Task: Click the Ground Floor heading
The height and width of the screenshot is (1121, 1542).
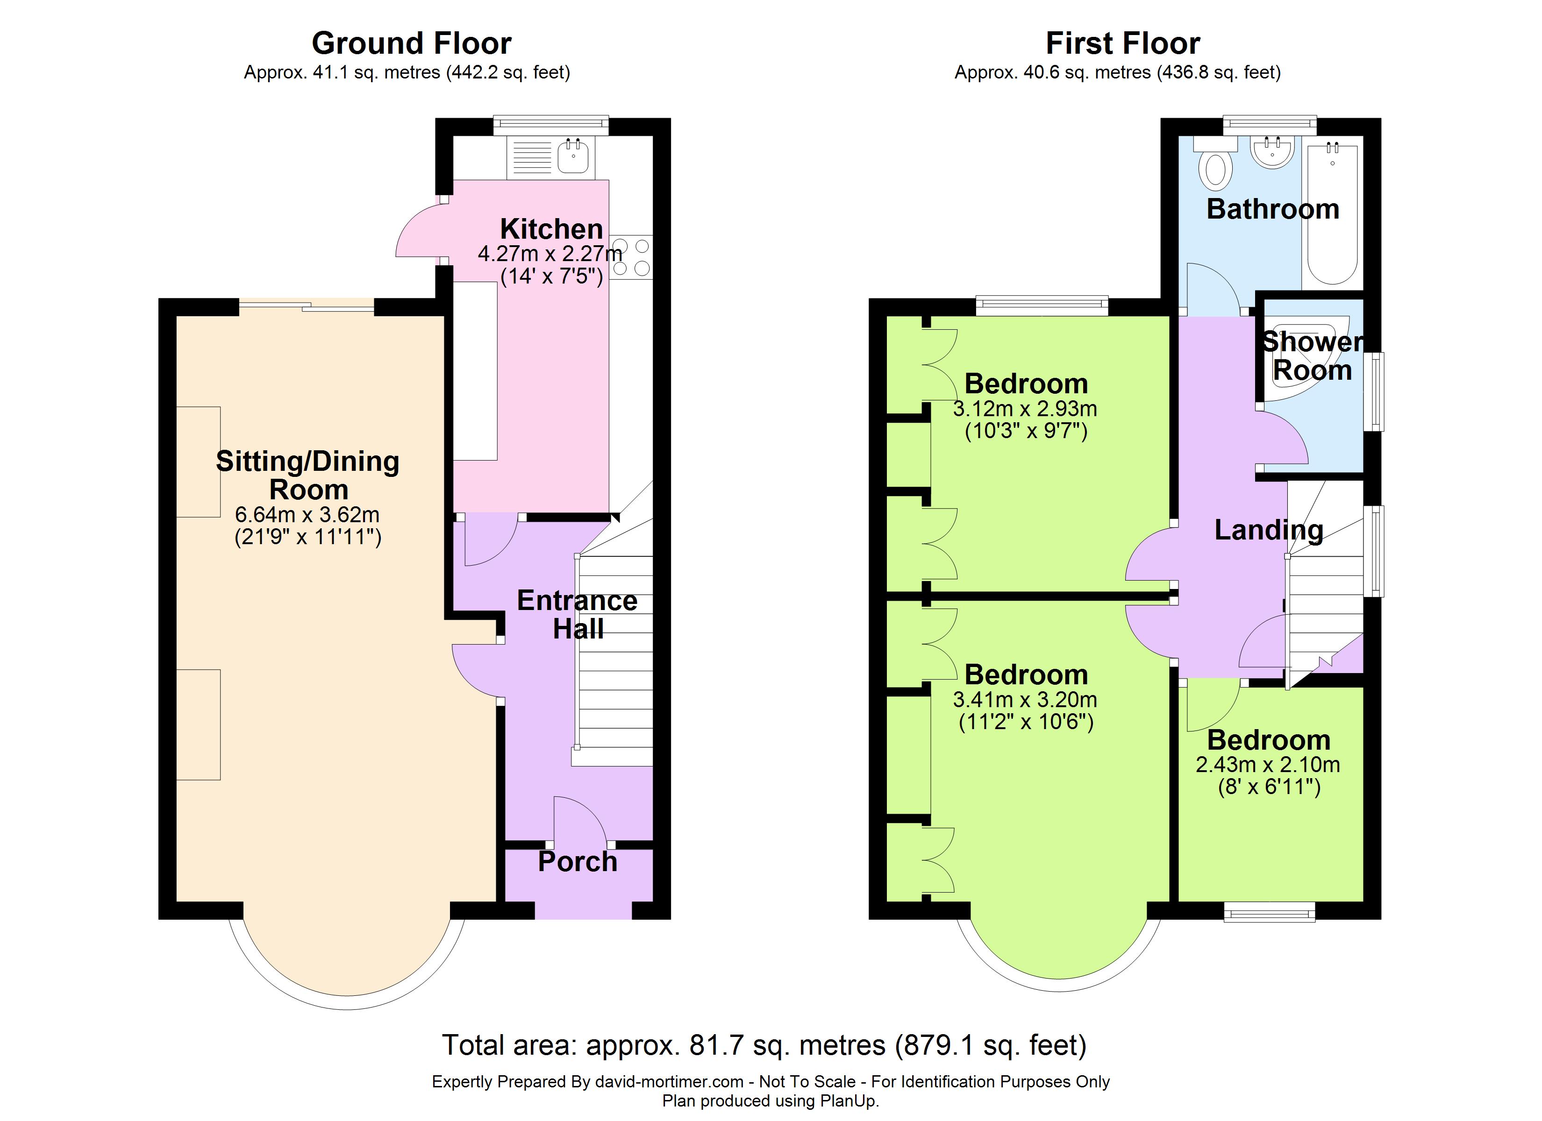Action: tap(411, 43)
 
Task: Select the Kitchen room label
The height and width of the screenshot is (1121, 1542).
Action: tap(551, 228)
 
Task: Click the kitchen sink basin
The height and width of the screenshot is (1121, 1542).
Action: tap(574, 157)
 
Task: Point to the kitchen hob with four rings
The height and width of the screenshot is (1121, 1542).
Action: tap(631, 257)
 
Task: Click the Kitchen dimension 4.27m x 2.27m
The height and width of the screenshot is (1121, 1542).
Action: tap(550, 254)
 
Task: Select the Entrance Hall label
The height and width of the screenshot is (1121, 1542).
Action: tap(577, 615)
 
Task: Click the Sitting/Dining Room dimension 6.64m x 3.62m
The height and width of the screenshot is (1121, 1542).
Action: tap(307, 515)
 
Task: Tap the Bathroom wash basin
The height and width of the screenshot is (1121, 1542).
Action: tap(1272, 152)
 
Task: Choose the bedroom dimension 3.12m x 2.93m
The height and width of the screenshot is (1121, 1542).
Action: tap(1025, 409)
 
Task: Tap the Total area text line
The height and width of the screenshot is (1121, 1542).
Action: tap(764, 1045)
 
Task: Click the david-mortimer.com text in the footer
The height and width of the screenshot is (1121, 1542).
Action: tap(669, 1082)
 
